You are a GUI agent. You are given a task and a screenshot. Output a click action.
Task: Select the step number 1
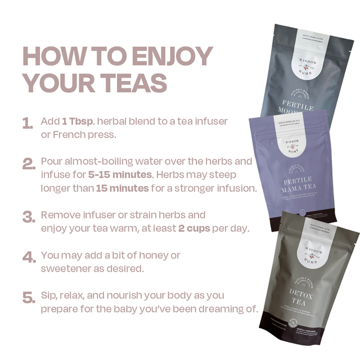click(x=26, y=123)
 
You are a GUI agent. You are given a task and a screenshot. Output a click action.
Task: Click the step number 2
click(x=28, y=164)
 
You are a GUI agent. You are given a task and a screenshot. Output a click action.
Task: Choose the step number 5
click(x=28, y=297)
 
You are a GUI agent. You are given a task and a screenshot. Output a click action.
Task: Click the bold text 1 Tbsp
click(x=78, y=121)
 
